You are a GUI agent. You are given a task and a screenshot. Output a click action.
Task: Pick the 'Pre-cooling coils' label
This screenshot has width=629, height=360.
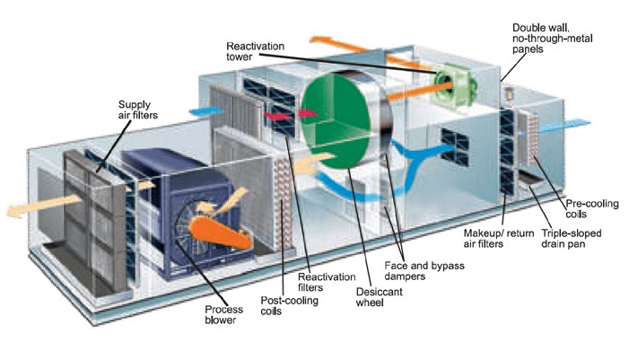(x=588, y=209)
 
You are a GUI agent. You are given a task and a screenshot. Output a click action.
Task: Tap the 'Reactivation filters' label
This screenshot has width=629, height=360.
(x=331, y=284)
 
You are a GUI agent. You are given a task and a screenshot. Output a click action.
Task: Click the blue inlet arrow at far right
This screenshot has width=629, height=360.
(x=583, y=125)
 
